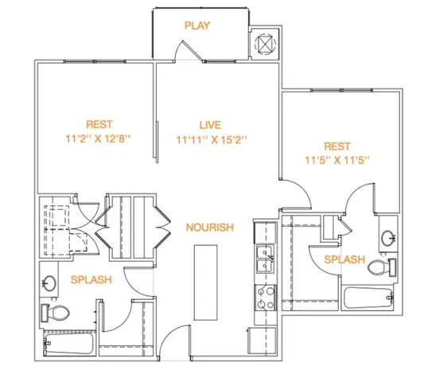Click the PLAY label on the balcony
click(196, 25)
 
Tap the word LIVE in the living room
click(210, 124)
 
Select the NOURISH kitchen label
click(209, 228)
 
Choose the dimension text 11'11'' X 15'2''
click(210, 139)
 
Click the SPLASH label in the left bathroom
click(91, 280)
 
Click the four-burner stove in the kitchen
click(261, 298)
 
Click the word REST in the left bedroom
click(100, 124)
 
